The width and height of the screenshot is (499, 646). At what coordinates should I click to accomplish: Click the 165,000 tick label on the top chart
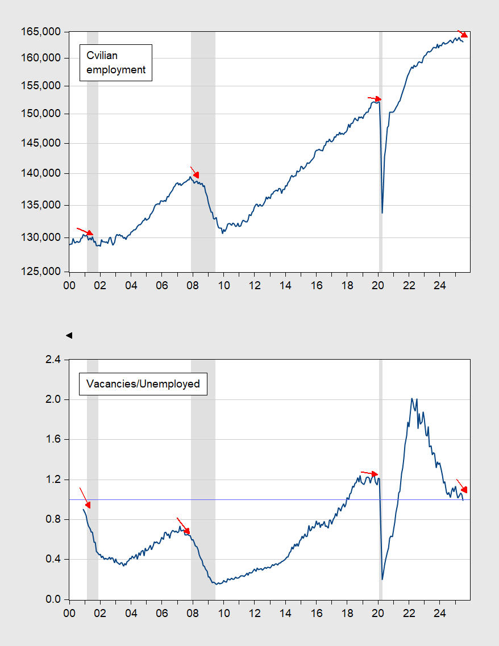41,32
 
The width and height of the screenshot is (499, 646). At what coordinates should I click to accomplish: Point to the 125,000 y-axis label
41,272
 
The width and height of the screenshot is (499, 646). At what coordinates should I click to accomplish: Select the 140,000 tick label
41,173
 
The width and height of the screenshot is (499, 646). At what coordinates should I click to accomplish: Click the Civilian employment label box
116,62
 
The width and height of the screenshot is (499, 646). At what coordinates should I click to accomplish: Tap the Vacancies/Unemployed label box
143,384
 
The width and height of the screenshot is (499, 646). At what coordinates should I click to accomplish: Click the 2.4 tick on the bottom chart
53,360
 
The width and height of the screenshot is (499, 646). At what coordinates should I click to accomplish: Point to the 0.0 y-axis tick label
53,599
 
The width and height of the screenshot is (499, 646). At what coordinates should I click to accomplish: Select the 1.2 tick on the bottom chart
53,480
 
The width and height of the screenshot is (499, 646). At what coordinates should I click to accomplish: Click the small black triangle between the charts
69,335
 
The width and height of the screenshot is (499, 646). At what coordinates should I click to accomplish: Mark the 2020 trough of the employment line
382,213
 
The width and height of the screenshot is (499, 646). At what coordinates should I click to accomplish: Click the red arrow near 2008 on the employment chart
194,172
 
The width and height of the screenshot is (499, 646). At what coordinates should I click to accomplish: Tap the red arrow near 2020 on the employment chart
375,98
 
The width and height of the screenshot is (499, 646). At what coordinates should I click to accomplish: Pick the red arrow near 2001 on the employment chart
85,232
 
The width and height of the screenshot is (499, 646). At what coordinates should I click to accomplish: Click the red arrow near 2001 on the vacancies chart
85,498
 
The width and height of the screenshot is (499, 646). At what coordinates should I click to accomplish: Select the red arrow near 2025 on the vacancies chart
462,486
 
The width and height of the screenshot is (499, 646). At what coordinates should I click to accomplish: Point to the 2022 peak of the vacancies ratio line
412,398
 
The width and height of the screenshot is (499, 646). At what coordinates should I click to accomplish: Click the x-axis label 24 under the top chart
440,286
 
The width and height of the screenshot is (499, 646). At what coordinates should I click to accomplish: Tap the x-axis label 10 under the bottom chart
224,614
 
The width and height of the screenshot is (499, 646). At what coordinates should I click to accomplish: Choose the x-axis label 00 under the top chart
69,286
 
